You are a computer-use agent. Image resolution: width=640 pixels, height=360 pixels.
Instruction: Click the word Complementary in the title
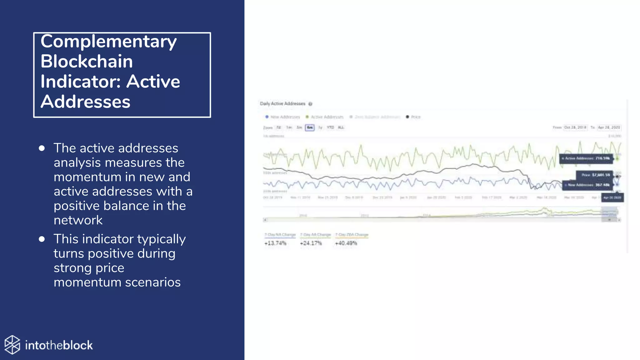[108, 42]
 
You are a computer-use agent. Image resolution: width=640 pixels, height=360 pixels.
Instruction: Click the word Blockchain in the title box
[87, 61]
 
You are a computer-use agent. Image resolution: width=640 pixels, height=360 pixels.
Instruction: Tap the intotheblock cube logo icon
[12, 345]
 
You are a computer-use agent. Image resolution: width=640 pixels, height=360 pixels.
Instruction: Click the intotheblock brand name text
[59, 345]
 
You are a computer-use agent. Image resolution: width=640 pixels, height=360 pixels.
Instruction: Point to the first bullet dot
[42, 148]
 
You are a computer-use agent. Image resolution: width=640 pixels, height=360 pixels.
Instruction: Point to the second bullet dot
[42, 239]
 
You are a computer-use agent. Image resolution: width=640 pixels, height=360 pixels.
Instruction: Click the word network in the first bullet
[78, 220]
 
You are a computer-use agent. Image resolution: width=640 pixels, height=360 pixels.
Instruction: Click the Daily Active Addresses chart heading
[282, 104]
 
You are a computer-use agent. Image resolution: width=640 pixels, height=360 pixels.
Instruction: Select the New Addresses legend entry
[283, 117]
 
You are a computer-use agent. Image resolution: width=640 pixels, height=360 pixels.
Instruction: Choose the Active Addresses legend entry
[325, 117]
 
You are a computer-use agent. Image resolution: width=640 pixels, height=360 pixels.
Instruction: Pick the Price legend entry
[413, 117]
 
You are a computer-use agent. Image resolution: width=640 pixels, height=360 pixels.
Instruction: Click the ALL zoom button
[341, 127]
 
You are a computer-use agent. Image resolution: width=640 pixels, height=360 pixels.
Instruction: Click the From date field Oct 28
[575, 127]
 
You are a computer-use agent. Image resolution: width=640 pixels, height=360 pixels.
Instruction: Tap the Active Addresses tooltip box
[586, 158]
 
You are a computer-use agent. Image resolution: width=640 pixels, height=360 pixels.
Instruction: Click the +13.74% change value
[275, 243]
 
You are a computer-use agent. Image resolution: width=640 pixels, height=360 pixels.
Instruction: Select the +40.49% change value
[346, 243]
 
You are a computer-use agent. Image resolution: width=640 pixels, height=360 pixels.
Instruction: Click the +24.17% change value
[311, 243]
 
